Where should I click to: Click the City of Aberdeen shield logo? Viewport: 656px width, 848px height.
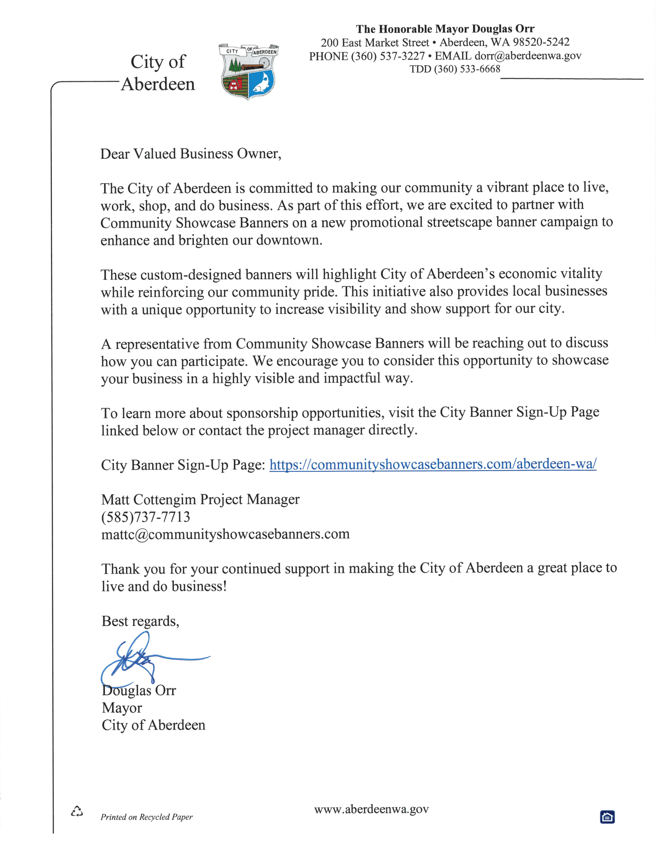249,71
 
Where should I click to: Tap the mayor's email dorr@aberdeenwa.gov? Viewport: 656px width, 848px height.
528,56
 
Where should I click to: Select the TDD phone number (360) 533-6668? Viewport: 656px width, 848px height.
467,69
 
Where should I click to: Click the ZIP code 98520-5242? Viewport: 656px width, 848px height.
541,42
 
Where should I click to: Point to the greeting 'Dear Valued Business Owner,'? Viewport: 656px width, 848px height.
190,154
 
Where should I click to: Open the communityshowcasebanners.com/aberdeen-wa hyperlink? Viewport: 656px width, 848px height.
433,464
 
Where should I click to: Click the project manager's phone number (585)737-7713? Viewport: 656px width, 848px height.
146,517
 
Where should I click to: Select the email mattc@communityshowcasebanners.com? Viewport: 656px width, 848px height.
225,534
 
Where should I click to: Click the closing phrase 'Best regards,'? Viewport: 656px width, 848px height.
140,621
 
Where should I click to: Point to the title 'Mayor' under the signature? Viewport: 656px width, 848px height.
122,708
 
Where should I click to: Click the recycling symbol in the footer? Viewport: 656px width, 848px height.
77,811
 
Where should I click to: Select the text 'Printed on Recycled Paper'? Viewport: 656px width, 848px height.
147,817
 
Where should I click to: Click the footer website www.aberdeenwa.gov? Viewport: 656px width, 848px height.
371,809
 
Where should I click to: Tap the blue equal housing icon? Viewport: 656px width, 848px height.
607,817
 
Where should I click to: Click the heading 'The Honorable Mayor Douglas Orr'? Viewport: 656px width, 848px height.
445,29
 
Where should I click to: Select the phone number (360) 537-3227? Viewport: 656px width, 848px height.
388,56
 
